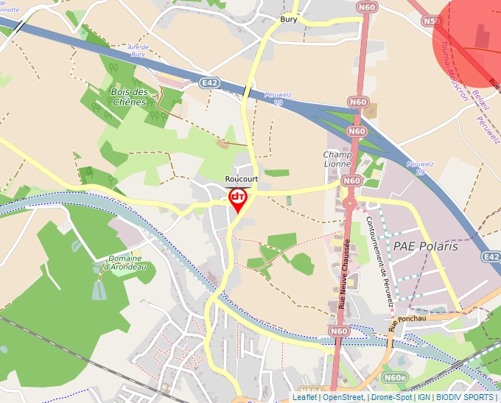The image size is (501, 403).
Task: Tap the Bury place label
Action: pyautogui.click(x=289, y=19)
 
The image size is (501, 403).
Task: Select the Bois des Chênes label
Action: pyautogui.click(x=129, y=97)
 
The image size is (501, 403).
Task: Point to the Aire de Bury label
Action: pyautogui.click(x=139, y=50)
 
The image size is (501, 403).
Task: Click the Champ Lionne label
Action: pyautogui.click(x=337, y=158)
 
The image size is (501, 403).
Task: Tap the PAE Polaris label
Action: pyautogui.click(x=426, y=246)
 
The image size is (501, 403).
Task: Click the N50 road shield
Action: pyautogui.click(x=432, y=21)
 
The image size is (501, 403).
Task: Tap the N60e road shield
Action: pyautogui.click(x=395, y=377)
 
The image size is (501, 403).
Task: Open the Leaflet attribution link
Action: pyautogui.click(x=304, y=397)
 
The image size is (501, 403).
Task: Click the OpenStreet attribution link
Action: pyautogui.click(x=343, y=397)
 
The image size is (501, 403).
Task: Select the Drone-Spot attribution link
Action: pyautogui.click(x=391, y=397)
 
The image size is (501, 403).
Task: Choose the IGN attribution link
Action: pyautogui.click(x=424, y=397)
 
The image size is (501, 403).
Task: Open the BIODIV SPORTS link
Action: pyautogui.click(x=465, y=397)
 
